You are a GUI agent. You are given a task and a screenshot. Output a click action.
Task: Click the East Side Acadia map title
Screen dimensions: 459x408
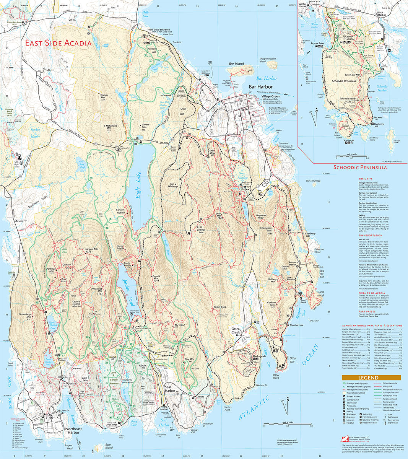pos(59,43)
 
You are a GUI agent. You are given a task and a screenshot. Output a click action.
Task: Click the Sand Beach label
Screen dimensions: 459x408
pos(303,301)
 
